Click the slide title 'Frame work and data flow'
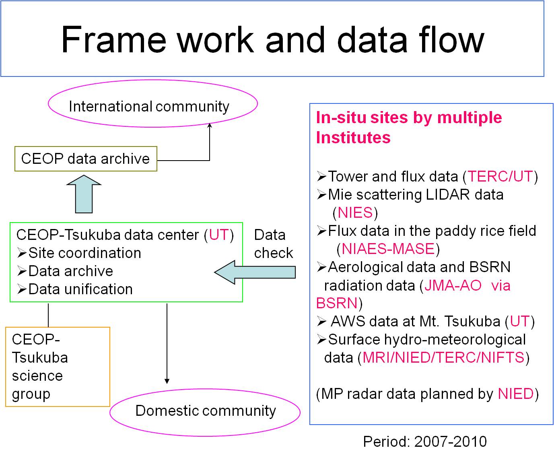point(272,40)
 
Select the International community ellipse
point(152,80)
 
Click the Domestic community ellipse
point(205,390)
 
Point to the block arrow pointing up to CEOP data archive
point(84,194)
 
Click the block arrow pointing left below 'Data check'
point(255,272)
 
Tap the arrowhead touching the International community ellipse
point(210,125)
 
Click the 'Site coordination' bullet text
point(84,253)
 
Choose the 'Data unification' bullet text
point(80,289)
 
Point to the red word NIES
point(355,212)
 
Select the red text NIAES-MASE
point(388,249)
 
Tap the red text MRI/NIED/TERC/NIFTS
point(443,357)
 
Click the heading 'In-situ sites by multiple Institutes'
point(409,127)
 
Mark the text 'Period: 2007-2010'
point(425,442)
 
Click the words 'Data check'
point(274,244)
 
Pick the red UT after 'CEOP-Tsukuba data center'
point(219,235)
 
